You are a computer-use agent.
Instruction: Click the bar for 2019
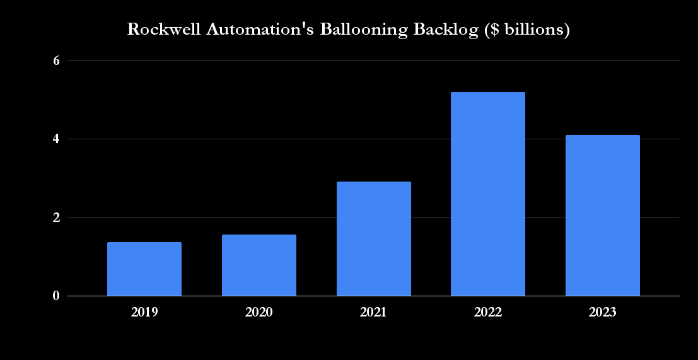(x=144, y=269)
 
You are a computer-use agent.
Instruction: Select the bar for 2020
(x=259, y=265)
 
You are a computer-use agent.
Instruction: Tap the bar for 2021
(x=373, y=239)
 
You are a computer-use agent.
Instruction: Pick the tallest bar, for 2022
(x=488, y=194)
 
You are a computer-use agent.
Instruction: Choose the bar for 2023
(x=603, y=216)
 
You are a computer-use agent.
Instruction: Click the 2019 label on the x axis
(x=144, y=312)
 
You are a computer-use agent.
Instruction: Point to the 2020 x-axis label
(x=259, y=312)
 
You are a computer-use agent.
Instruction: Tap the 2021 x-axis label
(x=373, y=312)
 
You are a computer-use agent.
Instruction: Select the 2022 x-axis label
(x=488, y=312)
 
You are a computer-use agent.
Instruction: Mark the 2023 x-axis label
(x=603, y=312)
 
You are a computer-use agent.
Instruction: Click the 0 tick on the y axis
(x=55, y=296)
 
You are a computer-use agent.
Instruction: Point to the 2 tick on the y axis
(x=55, y=218)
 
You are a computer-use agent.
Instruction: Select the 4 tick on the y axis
(x=55, y=139)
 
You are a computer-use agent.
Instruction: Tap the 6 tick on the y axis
(x=55, y=61)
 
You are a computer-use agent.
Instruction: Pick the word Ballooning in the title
(x=339, y=30)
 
